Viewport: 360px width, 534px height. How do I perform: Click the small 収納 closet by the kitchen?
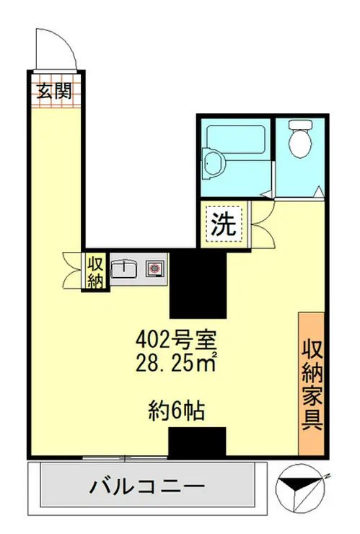click(x=95, y=271)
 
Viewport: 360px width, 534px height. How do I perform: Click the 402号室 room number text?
click(x=177, y=338)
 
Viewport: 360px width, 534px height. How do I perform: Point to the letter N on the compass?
click(x=327, y=475)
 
